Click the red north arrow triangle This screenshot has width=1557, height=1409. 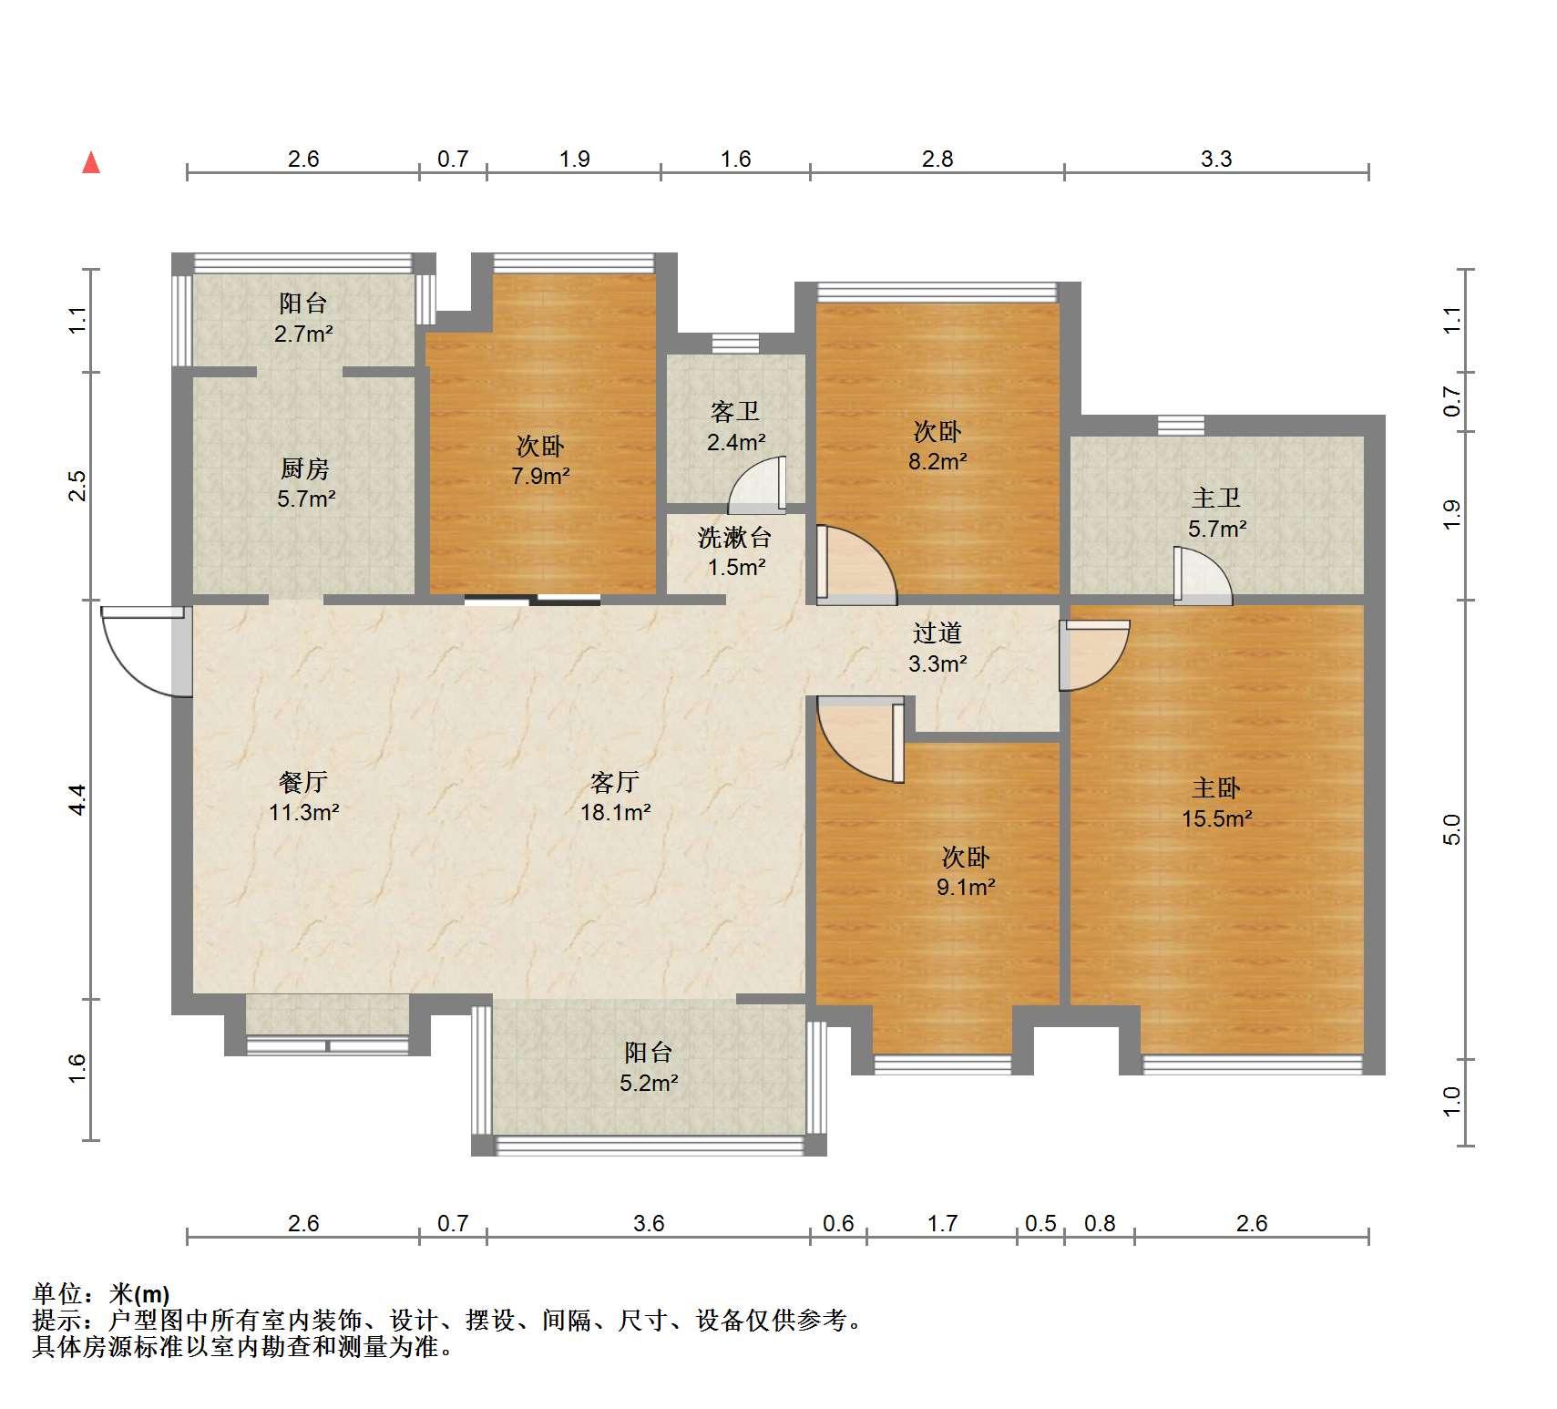coord(91,163)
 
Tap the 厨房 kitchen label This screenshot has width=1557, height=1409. coord(304,469)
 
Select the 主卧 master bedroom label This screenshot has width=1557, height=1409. coord(1216,788)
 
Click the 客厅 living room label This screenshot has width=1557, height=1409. coord(615,782)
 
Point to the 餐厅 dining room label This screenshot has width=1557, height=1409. coord(303,782)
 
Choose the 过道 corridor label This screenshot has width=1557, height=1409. coord(937,633)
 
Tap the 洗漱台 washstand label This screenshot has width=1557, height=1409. coord(735,538)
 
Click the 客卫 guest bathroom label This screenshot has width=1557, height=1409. coord(735,412)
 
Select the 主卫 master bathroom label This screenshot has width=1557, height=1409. coord(1216,499)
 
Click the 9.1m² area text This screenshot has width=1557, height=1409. coord(966,887)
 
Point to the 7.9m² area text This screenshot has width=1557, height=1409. coord(541,476)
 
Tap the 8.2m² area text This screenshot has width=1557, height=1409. coord(937,462)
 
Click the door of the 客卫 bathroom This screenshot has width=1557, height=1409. coord(757,484)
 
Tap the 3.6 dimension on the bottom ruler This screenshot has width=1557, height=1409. coord(649,1223)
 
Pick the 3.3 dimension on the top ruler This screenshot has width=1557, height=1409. coord(1216,159)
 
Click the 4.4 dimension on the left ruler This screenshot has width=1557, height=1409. coord(78,799)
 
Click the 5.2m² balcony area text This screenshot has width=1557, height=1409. coord(649,1084)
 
